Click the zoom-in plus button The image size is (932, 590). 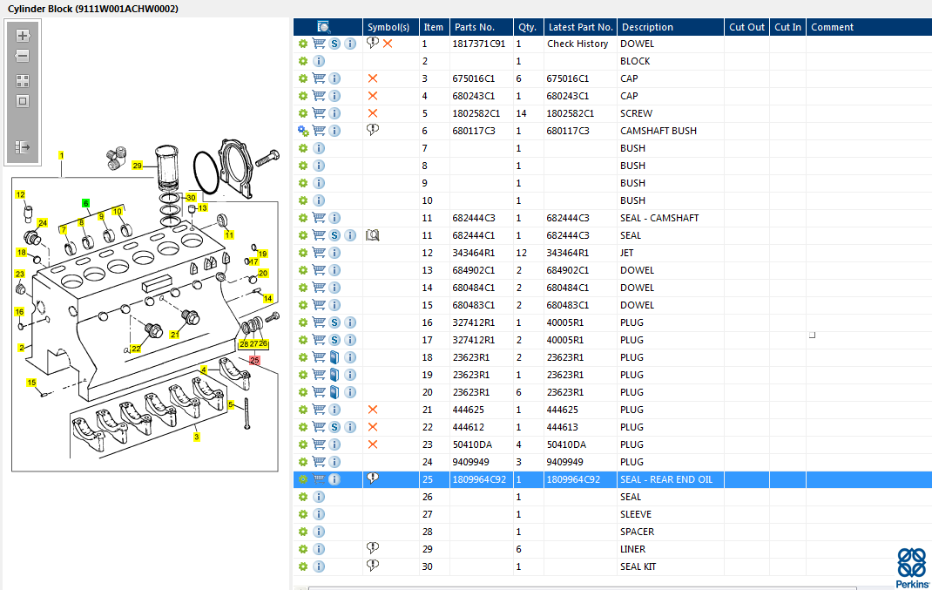23,36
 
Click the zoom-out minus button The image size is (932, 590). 23,57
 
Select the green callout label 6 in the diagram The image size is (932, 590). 85,203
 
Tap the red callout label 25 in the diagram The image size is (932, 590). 254,360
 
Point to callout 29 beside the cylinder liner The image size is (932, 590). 138,166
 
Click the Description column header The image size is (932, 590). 646,27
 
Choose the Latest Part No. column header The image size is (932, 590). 580,27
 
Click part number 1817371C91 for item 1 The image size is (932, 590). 478,44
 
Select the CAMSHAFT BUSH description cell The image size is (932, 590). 658,131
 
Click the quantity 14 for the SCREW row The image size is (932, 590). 521,113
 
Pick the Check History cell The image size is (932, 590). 577,44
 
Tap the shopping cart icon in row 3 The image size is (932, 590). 319,78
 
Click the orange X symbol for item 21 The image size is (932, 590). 373,410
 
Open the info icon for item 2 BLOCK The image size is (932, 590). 319,61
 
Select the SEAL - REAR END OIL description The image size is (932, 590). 665,479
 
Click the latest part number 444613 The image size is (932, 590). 562,427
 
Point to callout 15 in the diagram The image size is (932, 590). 31,383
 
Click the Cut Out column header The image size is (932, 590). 746,27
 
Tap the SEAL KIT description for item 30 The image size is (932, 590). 638,566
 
